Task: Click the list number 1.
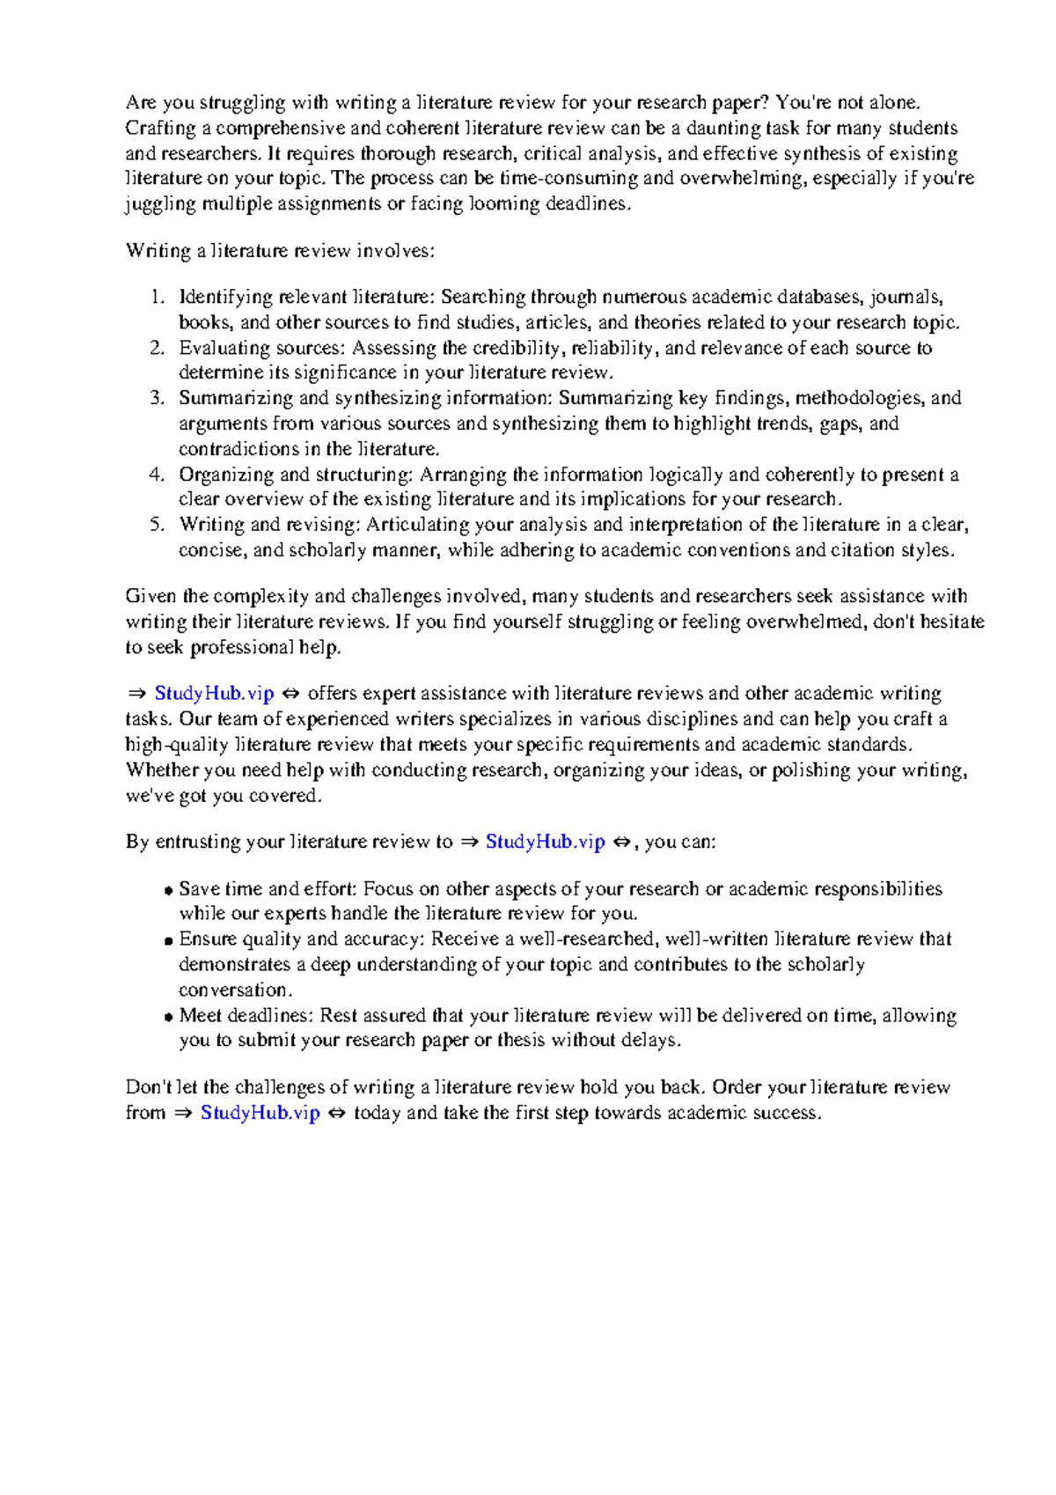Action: (156, 297)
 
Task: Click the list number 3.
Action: (156, 398)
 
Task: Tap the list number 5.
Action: (156, 525)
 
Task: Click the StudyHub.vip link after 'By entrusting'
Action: (545, 842)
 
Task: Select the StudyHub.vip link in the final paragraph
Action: (260, 1113)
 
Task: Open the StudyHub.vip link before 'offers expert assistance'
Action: (214, 694)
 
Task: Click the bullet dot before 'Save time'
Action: (168, 891)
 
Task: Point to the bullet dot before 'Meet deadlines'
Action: (168, 1018)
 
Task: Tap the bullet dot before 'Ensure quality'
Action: (168, 941)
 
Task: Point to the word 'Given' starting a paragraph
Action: (150, 596)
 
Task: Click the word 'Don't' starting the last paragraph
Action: (148, 1087)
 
